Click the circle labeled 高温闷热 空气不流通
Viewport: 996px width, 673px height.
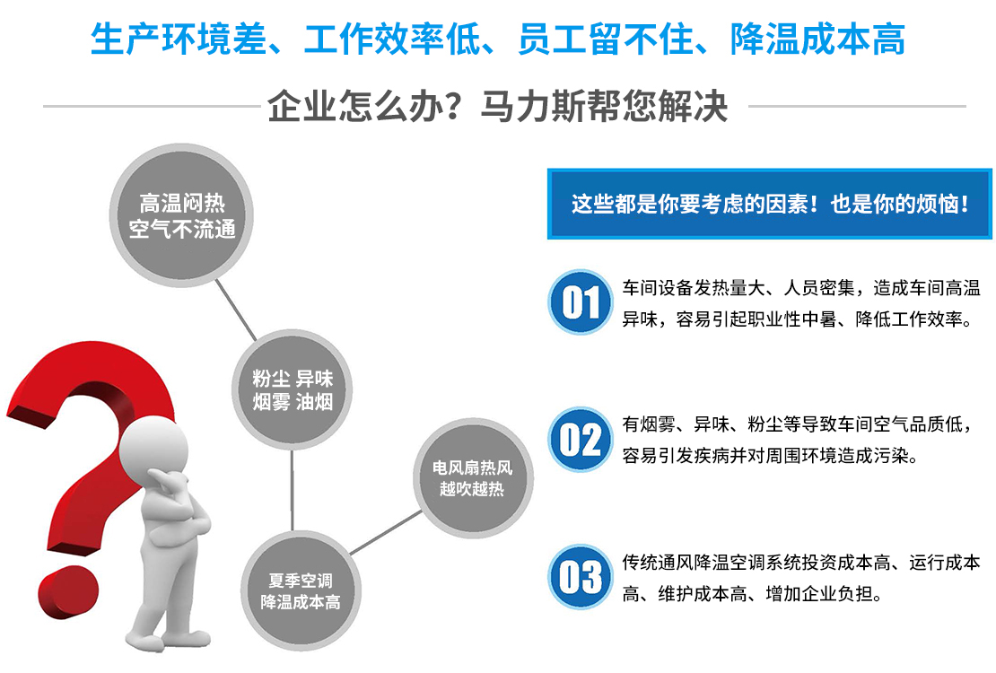coord(181,215)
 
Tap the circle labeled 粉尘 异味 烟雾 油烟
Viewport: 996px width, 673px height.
coord(293,389)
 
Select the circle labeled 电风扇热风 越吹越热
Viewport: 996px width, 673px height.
coord(473,478)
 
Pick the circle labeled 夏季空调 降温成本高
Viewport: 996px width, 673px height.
coord(301,590)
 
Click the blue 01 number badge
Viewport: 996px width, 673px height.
coord(580,302)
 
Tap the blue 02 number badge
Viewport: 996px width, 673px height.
coord(580,439)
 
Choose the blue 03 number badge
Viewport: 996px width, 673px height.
coord(580,577)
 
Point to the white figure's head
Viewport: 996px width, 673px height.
coord(154,445)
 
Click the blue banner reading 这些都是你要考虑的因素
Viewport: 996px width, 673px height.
coord(770,204)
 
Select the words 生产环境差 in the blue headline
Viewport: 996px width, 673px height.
coord(179,39)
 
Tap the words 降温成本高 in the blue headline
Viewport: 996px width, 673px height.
coord(817,39)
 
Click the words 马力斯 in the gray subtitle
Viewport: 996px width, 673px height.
coord(534,106)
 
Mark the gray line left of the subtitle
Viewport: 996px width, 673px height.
coord(152,106)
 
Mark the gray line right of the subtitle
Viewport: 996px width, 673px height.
coord(858,106)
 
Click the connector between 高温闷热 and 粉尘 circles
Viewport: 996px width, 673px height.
coord(236,310)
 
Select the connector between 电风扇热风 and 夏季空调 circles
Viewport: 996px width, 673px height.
coord(386,532)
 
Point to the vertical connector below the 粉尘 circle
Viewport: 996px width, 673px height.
coord(293,490)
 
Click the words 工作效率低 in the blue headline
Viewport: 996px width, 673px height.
coord(392,39)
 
